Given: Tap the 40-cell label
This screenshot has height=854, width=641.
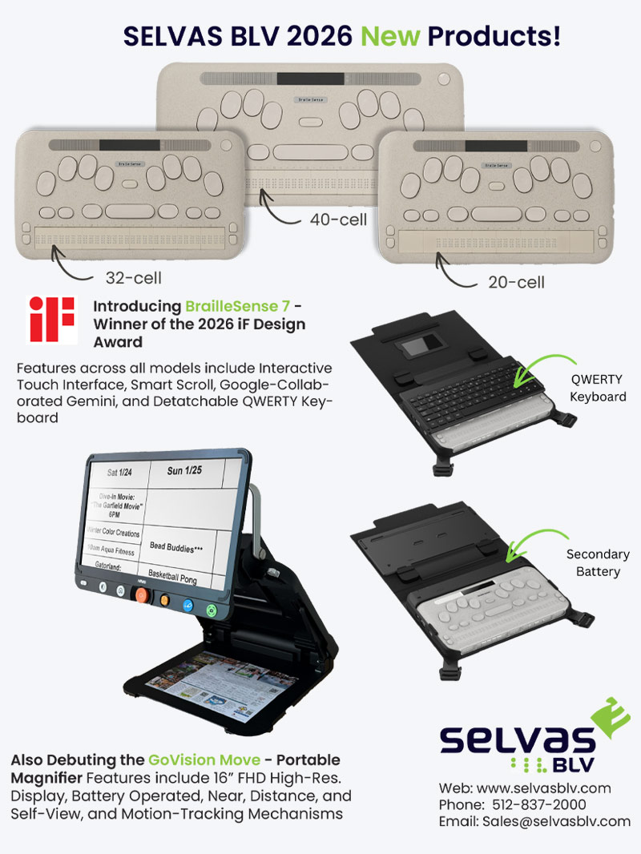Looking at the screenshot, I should point(339,219).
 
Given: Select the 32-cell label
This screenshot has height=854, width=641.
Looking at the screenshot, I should point(133,278).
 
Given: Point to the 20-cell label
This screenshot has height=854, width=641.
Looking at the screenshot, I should point(517,281).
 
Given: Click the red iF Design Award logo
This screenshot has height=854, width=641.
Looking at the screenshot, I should point(52,319).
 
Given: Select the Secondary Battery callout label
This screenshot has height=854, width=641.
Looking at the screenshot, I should point(598,562).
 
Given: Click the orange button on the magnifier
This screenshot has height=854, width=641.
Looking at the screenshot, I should point(141,596).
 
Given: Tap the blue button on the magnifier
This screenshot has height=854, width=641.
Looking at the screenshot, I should point(188,605).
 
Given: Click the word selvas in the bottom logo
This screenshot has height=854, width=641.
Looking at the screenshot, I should point(517,739).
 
